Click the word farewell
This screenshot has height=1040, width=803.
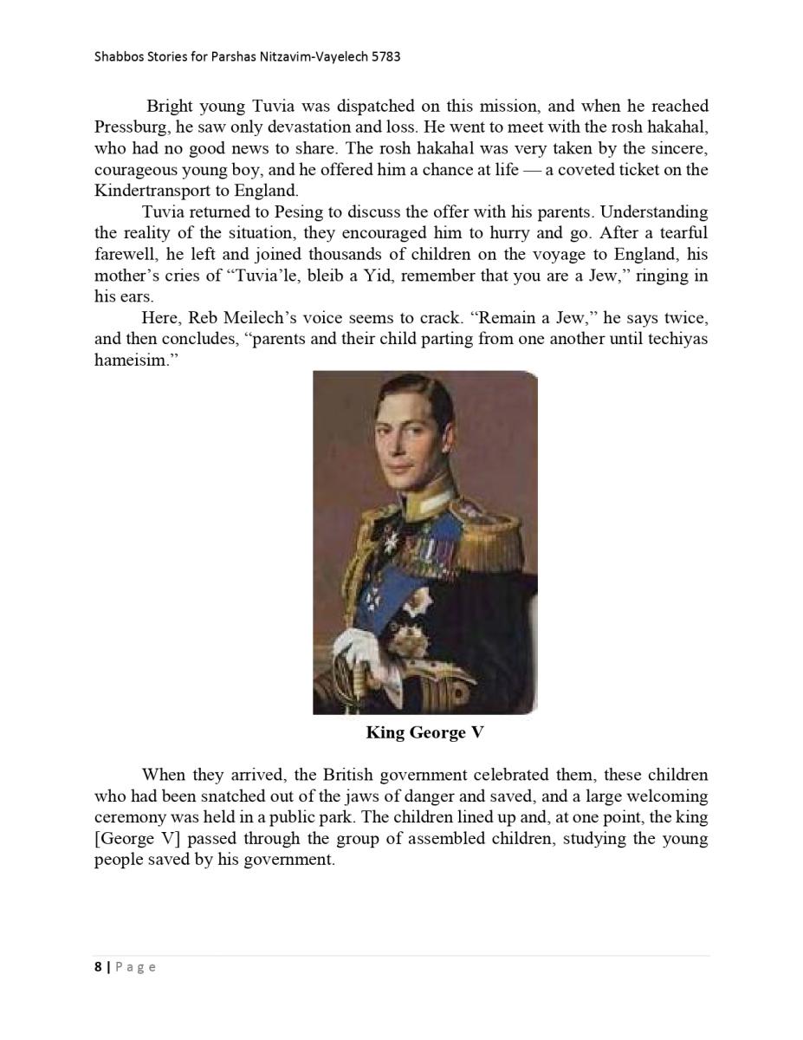pos(124,255)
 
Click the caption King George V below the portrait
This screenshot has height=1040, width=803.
pos(424,733)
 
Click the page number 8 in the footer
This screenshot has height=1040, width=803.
pos(98,967)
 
